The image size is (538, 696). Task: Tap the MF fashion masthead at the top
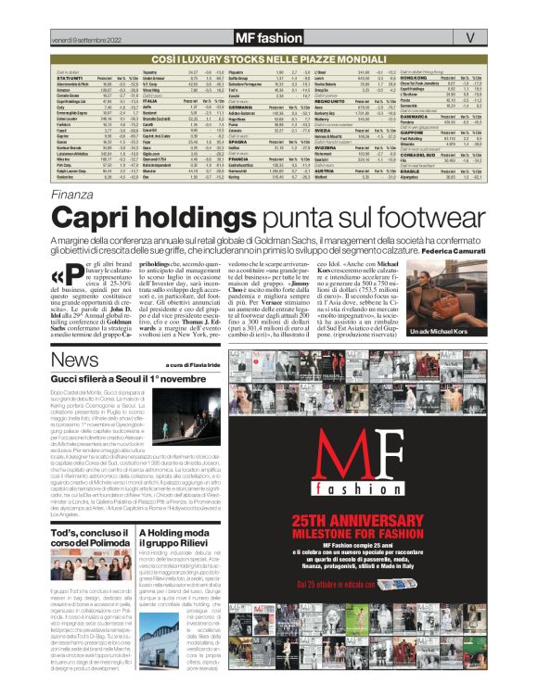[x=268, y=38]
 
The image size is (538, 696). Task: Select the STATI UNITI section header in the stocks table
[x=71, y=77]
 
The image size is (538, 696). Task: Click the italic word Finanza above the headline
[x=72, y=195]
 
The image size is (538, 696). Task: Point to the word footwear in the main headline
[x=411, y=218]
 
